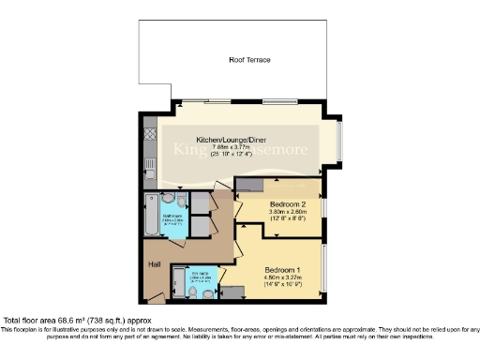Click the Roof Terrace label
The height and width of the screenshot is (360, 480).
point(250,60)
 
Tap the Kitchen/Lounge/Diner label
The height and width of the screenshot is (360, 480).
point(219,137)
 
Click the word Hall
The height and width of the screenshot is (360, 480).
point(155,264)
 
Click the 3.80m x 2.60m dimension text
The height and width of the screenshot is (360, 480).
point(288,213)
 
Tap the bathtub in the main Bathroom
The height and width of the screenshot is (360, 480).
point(151,219)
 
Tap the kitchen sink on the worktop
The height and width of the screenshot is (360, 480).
point(150,170)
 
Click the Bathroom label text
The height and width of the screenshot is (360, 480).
point(174,217)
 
